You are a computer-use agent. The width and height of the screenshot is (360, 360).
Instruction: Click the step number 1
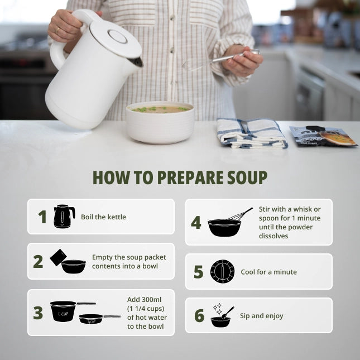tap(42, 217)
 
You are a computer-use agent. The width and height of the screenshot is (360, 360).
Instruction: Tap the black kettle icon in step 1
tap(64, 216)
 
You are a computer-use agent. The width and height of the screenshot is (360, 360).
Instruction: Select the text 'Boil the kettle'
tap(103, 217)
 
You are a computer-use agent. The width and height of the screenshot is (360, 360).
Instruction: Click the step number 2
tap(38, 262)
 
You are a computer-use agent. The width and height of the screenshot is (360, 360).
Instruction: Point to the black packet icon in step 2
tap(58, 257)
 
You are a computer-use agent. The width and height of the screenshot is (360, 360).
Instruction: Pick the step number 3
tap(38, 313)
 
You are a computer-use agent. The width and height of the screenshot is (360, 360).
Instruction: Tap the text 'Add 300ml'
tap(144, 300)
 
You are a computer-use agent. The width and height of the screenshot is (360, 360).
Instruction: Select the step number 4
tap(196, 223)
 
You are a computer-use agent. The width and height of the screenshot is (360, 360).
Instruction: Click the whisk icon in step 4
tap(240, 215)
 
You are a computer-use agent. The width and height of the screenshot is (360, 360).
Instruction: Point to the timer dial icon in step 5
tap(222, 271)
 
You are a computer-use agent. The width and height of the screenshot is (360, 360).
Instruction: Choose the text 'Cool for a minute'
tap(268, 272)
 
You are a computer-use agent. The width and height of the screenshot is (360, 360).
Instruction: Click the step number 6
tap(199, 315)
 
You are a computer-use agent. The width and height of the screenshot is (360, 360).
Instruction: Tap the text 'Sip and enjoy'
tap(262, 316)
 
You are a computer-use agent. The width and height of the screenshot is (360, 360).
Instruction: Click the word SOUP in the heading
tap(247, 177)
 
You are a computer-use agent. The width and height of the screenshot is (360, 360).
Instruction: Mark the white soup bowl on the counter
tap(160, 123)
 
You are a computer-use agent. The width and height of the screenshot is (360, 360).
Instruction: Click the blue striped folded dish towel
tap(252, 133)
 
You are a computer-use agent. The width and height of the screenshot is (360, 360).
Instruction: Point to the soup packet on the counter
tap(323, 136)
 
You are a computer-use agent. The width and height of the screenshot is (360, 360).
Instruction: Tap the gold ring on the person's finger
tap(58, 30)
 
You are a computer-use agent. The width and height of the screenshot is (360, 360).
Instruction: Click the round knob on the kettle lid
tap(117, 36)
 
